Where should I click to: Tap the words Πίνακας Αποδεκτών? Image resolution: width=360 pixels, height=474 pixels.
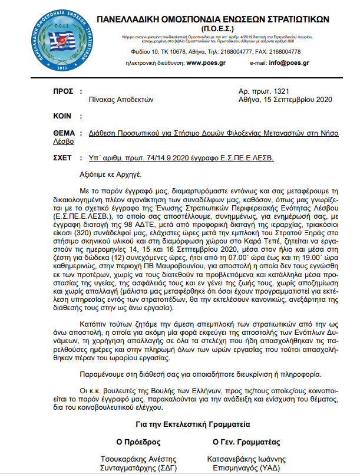[121, 100]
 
